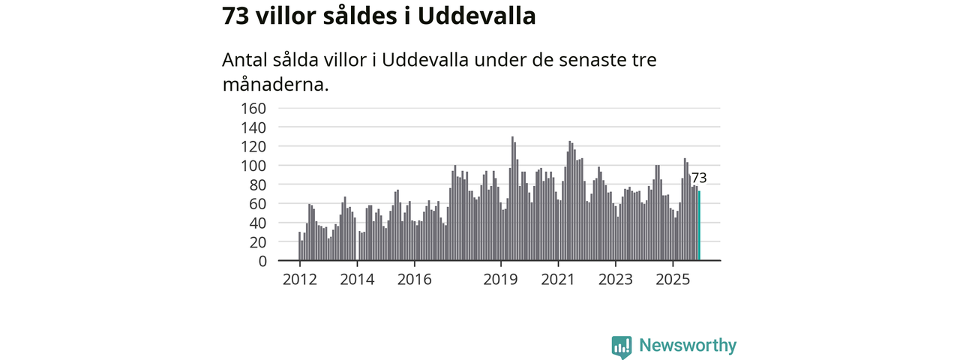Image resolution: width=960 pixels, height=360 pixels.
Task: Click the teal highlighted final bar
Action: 699,226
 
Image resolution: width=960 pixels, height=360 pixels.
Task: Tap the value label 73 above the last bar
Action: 698,178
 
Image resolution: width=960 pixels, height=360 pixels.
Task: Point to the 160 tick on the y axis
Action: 253,108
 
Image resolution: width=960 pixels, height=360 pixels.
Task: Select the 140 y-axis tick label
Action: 253,127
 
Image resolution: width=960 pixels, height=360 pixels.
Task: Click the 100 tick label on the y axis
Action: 253,166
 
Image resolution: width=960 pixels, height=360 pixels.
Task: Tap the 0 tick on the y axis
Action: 262,261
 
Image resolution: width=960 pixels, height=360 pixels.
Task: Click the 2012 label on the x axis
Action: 299,280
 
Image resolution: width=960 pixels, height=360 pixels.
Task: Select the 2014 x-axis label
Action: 357,280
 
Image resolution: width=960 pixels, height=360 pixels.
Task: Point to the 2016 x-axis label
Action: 414,280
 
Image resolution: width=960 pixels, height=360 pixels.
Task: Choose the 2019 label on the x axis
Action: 500,280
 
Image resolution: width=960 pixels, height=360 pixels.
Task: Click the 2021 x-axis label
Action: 558,280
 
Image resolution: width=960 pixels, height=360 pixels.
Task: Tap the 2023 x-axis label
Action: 615,280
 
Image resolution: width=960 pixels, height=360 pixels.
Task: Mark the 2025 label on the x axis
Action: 673,280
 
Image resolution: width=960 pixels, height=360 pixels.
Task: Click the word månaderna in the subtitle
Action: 275,83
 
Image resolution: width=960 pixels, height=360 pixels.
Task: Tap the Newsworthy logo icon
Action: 621,346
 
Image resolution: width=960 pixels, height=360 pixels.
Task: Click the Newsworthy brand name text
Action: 687,346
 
